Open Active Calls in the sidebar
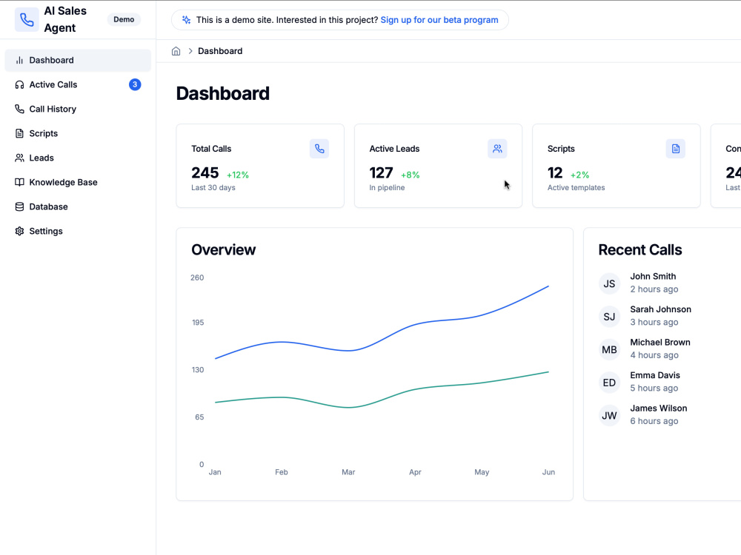tap(53, 84)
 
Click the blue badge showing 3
tap(135, 84)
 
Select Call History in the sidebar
tap(53, 109)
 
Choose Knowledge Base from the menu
tap(63, 182)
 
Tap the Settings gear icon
tap(19, 231)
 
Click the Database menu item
tap(48, 206)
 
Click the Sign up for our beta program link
tap(439, 20)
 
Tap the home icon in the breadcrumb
tap(176, 51)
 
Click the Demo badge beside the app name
tap(124, 19)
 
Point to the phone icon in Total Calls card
tap(319, 149)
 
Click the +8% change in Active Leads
tap(411, 175)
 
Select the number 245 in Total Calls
tap(205, 172)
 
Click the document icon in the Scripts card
tap(675, 149)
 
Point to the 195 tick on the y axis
tap(198, 323)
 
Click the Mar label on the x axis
tap(348, 472)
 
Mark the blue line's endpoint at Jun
tap(548, 286)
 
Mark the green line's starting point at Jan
tap(216, 403)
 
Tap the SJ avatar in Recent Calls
tap(609, 317)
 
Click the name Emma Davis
tap(655, 375)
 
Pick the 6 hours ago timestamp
tap(654, 421)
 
